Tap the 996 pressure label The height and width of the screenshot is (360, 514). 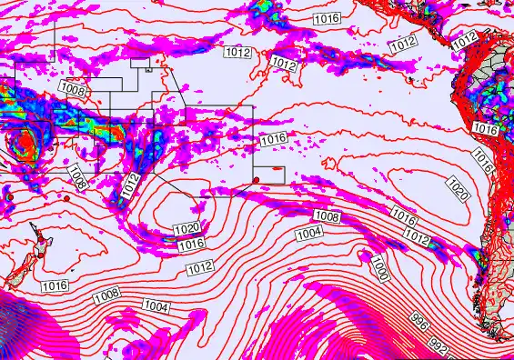tap(418, 321)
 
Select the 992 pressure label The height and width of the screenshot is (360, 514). tap(440, 346)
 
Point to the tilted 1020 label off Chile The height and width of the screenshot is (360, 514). tap(458, 189)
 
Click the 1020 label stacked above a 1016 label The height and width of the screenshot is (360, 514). tap(187, 228)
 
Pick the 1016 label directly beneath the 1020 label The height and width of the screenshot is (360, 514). tap(190, 245)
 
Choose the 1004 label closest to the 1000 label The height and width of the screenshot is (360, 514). tap(309, 234)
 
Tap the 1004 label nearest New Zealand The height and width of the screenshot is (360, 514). tap(156, 308)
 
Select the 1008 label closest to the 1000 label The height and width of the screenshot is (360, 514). tap(326, 216)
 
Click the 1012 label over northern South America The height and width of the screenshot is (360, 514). tap(464, 40)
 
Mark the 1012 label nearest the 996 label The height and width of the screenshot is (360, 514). tap(417, 237)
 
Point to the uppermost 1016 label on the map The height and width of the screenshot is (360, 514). tap(326, 18)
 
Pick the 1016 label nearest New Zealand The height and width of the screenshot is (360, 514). tap(55, 286)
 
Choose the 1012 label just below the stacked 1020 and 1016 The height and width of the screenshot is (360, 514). tap(198, 267)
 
